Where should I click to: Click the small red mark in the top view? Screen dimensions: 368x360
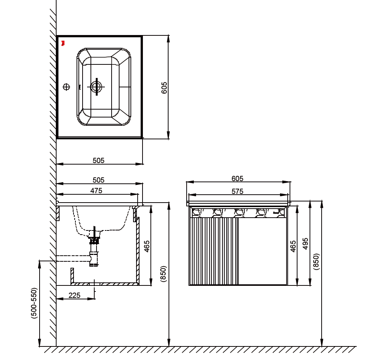(x=63, y=43)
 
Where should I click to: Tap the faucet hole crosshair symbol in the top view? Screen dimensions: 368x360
(x=66, y=87)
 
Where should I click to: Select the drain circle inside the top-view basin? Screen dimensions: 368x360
(x=96, y=87)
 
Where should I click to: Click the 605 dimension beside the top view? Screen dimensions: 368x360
(x=164, y=88)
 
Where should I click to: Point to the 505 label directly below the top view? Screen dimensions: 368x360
(x=98, y=160)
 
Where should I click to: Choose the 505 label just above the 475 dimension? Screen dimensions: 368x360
(x=98, y=180)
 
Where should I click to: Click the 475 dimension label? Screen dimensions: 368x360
(x=96, y=191)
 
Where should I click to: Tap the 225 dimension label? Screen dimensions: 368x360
(x=74, y=295)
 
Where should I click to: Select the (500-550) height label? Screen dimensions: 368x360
(x=34, y=303)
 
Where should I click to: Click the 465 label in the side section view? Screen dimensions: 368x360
(x=147, y=246)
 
